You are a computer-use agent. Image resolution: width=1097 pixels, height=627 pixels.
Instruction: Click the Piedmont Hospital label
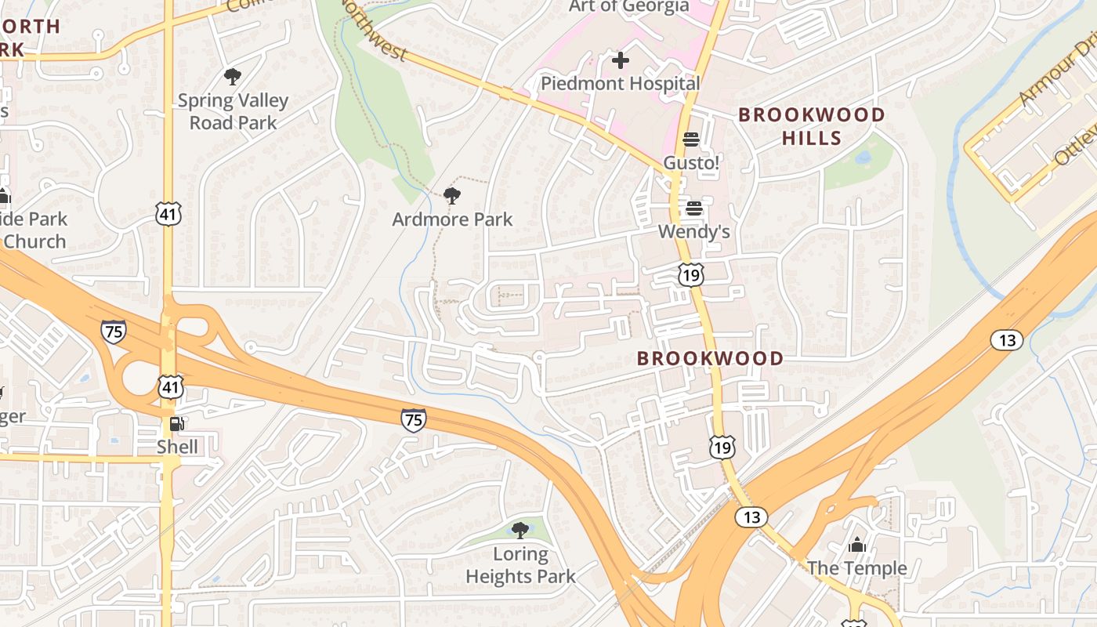point(620,83)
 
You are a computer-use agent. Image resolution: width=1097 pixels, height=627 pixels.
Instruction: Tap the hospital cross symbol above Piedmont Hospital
point(620,60)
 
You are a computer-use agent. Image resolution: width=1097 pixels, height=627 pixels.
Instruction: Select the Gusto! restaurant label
point(691,162)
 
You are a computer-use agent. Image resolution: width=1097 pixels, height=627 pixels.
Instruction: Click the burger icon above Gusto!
point(691,140)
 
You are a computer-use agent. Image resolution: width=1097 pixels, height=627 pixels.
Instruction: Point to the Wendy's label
point(693,231)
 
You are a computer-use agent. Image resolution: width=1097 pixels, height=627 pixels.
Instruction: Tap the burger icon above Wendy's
point(693,208)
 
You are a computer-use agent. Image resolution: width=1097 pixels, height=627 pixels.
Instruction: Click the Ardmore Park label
point(452,219)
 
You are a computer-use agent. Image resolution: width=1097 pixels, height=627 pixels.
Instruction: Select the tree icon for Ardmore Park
point(451,196)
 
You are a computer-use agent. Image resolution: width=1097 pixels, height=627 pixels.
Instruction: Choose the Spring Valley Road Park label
point(233,111)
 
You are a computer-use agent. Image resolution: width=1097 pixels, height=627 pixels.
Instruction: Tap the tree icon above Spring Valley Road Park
point(232,77)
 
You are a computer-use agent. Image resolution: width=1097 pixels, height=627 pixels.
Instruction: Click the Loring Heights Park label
point(520,565)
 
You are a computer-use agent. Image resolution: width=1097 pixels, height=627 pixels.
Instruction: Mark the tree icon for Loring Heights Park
point(520,531)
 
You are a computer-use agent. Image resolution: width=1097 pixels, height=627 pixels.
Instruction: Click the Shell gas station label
point(177,447)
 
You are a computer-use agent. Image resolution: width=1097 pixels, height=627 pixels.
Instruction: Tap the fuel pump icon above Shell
point(177,424)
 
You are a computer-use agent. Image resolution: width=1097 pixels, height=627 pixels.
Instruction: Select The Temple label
point(856,568)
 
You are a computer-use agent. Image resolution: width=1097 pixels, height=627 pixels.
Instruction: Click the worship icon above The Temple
point(857,545)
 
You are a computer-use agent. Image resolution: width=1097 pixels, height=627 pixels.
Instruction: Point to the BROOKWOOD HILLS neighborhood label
point(812,126)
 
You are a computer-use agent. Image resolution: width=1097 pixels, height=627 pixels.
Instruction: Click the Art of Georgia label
point(628,6)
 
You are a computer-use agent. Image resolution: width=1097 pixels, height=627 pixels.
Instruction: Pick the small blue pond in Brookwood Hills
point(863,158)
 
